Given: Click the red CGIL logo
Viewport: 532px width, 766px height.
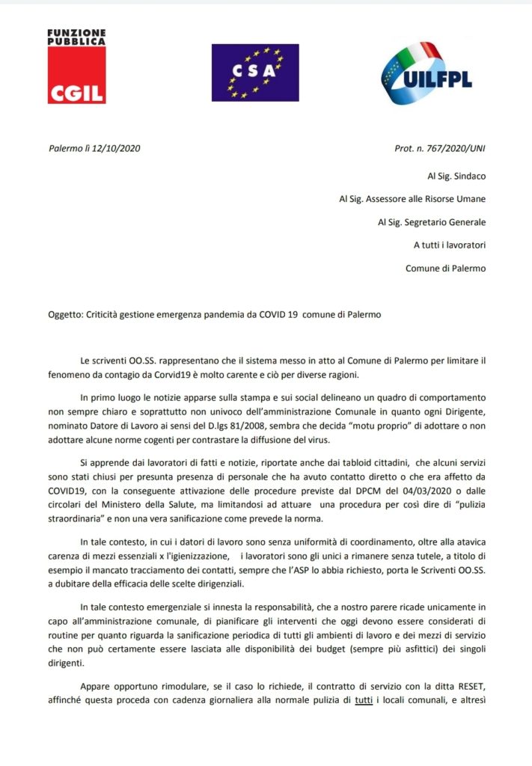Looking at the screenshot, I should click(76, 84).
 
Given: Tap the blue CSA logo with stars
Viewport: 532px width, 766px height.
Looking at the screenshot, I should click(254, 72).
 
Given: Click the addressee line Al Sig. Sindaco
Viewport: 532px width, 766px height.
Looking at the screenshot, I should click(452, 177).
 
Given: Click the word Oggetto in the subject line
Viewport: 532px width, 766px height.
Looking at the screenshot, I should click(66, 315).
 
